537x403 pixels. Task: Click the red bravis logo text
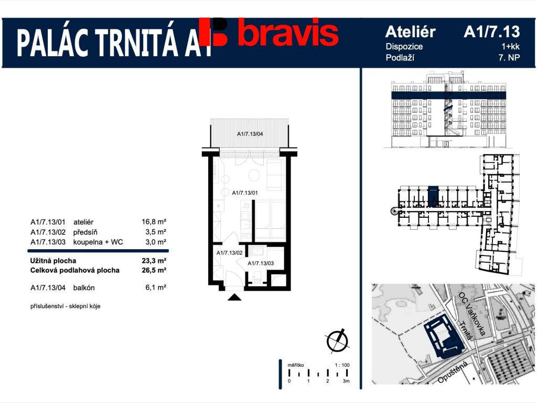[x=287, y=34]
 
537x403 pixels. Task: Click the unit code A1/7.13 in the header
[x=491, y=32]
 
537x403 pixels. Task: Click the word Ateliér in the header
[x=410, y=32]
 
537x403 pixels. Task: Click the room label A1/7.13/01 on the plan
[x=245, y=193]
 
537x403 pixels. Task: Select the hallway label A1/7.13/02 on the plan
[x=229, y=253]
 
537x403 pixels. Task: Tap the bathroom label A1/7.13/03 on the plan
[x=261, y=263]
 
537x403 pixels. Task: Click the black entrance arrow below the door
[x=234, y=298]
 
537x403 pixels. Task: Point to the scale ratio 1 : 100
[x=341, y=365]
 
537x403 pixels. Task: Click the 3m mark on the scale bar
[x=346, y=381]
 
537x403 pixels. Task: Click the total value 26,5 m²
[x=155, y=270]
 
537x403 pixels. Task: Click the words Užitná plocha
[x=53, y=261]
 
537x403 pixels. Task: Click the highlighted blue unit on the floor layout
[x=433, y=197]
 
